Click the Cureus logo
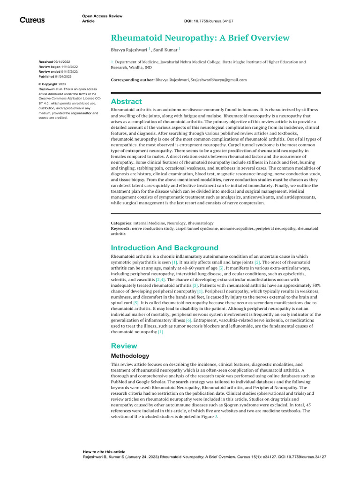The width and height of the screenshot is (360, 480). pos(32,20)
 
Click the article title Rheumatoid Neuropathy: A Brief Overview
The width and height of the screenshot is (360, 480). pos(200,38)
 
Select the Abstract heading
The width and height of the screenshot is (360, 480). pos(126,101)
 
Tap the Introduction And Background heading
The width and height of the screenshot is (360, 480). pos(164,247)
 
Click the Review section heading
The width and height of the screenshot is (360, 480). pos(124,346)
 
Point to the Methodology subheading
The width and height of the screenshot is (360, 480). pos(130,356)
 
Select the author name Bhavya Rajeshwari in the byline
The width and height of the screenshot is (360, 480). pos(128,49)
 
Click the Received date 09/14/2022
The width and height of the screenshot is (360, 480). pos(62,62)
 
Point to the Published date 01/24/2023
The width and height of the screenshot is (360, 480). pos(63,76)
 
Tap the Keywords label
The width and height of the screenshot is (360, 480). pos(120,228)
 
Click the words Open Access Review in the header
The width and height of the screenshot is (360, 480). pos(102,16)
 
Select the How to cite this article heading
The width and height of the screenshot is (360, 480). pos(104,452)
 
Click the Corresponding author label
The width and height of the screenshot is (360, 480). pos(132,80)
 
